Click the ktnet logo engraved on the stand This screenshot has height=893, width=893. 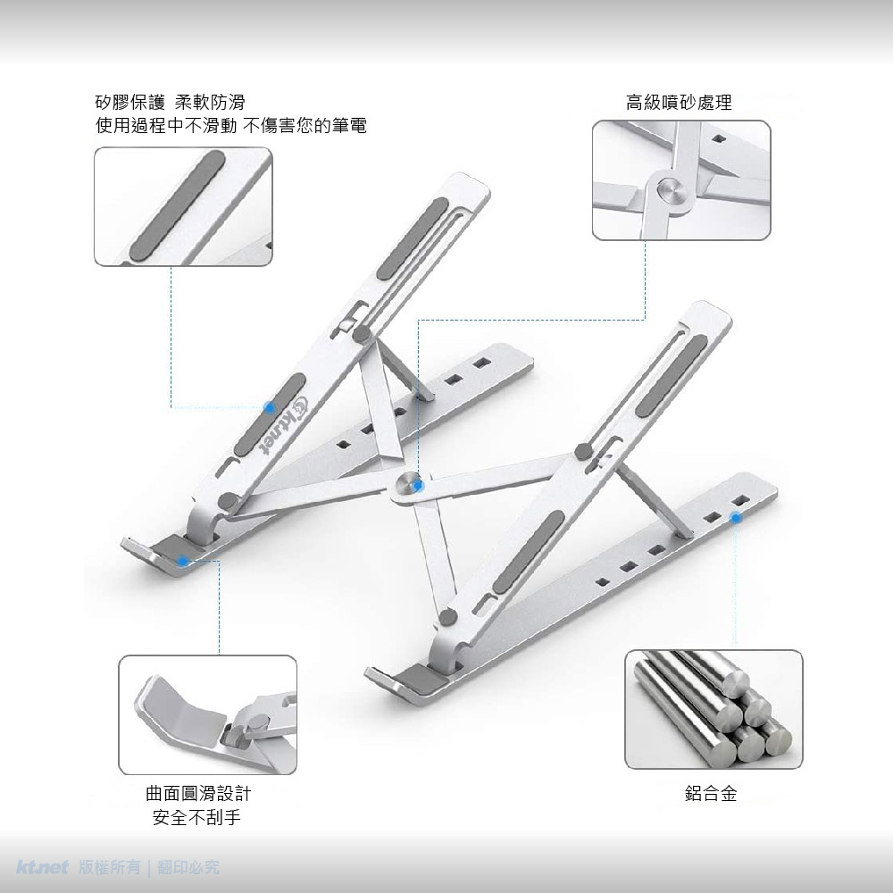pyautogui.click(x=284, y=425)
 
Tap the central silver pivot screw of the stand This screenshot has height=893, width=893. pyautogui.click(x=410, y=485)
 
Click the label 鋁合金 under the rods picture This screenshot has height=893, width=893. pyautogui.click(x=711, y=793)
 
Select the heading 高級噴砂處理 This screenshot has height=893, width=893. pyautogui.click(x=679, y=103)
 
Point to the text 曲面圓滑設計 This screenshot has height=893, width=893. pyautogui.click(x=198, y=793)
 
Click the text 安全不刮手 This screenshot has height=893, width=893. pyautogui.click(x=197, y=818)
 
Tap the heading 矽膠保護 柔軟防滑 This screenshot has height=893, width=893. pyautogui.click(x=171, y=103)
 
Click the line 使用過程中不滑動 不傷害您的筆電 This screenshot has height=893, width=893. pyautogui.click(x=231, y=125)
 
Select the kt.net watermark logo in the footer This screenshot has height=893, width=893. pyautogui.click(x=43, y=867)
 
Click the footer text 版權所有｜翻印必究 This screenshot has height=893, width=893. pyautogui.click(x=149, y=867)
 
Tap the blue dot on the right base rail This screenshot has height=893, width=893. pyautogui.click(x=736, y=518)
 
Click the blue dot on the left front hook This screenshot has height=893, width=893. pyautogui.click(x=183, y=561)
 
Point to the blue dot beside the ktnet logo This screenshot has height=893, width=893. pyautogui.click(x=270, y=407)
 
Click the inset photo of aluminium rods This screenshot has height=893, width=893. pyautogui.click(x=714, y=710)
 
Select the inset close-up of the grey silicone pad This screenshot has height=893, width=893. pyautogui.click(x=183, y=207)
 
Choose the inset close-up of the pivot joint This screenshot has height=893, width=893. pyautogui.click(x=681, y=180)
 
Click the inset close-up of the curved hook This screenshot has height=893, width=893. pyautogui.click(x=207, y=714)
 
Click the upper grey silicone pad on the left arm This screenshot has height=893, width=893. pyautogui.click(x=413, y=238)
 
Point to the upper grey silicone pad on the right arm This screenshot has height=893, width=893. pyautogui.click(x=672, y=374)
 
